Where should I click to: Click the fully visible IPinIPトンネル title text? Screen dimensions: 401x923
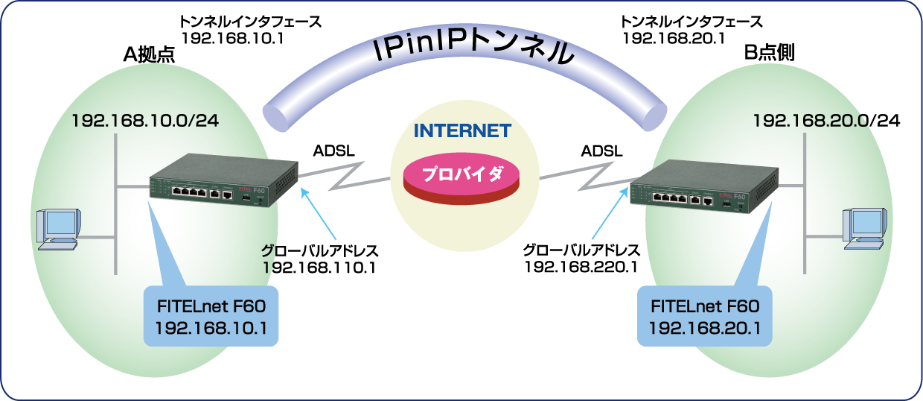click(x=474, y=51)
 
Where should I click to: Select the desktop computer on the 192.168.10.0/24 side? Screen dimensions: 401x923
click(x=58, y=229)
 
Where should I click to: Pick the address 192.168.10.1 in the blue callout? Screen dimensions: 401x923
click(x=211, y=326)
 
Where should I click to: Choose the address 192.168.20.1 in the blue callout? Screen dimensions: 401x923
click(x=704, y=326)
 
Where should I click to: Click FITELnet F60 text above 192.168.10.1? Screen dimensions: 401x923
click(x=211, y=306)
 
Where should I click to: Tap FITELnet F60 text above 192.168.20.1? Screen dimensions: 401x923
click(x=704, y=306)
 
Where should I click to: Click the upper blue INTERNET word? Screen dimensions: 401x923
click(x=462, y=131)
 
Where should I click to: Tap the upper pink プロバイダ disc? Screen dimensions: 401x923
click(x=462, y=177)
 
